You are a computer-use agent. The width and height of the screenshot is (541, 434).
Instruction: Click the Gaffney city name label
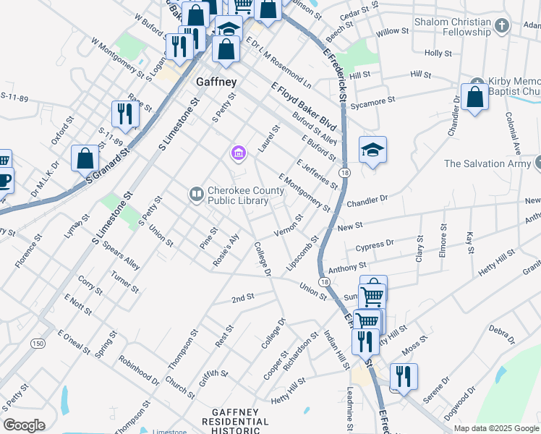[216, 82]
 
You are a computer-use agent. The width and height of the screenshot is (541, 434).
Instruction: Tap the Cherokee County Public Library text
[248, 195]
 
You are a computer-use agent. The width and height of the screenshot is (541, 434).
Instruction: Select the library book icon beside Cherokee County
[195, 194]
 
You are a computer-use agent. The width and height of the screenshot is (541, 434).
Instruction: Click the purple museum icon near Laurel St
[238, 152]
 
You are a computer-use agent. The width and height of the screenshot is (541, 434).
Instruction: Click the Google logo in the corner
[24, 425]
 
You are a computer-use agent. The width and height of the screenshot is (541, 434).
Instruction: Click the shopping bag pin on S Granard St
[85, 157]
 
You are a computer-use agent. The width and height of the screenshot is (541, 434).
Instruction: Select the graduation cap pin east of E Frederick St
[372, 150]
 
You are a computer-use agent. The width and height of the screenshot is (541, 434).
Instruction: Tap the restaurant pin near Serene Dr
[403, 376]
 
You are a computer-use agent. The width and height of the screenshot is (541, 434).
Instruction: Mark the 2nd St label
[243, 297]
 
